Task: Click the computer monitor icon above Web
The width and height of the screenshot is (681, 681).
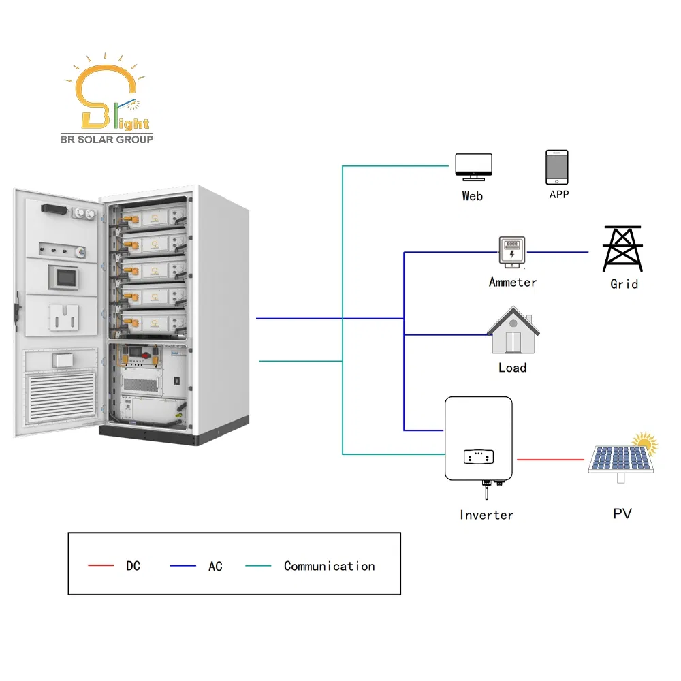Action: click(x=473, y=166)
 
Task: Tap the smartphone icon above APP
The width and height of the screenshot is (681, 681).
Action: click(x=556, y=167)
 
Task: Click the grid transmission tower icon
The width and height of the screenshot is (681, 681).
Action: click(x=622, y=249)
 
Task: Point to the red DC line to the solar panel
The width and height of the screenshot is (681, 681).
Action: click(x=550, y=460)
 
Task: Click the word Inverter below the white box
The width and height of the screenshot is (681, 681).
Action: click(x=486, y=515)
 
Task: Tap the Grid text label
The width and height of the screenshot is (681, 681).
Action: click(x=624, y=283)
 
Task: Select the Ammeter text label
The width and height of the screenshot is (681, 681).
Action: click(x=513, y=282)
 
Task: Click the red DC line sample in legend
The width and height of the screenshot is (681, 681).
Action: click(x=101, y=566)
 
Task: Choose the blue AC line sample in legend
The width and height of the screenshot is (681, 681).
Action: click(x=183, y=566)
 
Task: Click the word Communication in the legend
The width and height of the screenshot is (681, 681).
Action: click(x=329, y=566)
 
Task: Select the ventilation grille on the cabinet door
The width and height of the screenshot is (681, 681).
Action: click(x=61, y=394)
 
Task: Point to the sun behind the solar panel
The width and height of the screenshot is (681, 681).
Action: click(x=646, y=444)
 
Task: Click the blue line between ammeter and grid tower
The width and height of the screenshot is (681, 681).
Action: click(x=558, y=253)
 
